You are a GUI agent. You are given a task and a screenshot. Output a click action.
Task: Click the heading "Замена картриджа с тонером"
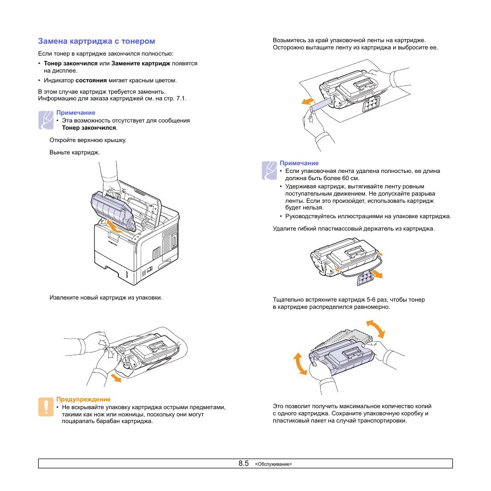pos(96,41)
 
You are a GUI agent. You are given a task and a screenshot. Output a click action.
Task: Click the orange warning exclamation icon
pos(46,407)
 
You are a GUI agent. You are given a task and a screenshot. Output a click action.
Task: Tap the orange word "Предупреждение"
pos(83,399)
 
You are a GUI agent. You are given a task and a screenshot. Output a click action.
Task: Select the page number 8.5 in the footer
pos(243,463)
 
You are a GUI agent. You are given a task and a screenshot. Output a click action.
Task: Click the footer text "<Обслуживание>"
pos(273,464)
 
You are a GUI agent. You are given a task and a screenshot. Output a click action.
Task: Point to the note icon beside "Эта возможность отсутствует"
pos(46,120)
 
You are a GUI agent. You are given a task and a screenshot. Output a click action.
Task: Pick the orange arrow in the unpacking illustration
pos(116,378)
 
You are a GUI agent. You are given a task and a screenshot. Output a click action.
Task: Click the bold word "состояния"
pos(91,81)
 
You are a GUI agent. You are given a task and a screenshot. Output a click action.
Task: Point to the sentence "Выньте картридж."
pos(75,153)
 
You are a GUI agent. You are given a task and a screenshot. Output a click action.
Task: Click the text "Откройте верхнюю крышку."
pos(88,140)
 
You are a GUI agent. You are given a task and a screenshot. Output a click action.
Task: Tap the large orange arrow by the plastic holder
pos(377,275)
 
